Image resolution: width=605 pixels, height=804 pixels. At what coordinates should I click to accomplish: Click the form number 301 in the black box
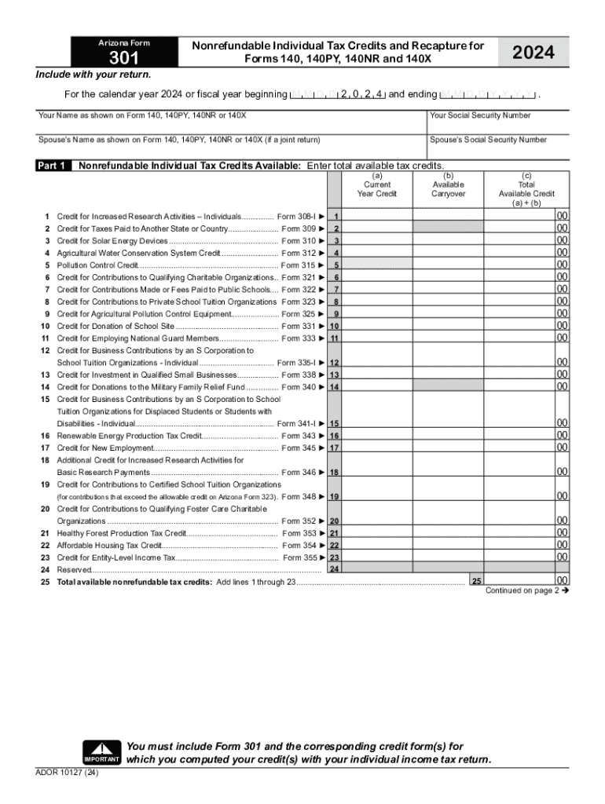pos(123,58)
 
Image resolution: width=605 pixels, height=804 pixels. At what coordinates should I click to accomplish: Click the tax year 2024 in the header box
pos(533,53)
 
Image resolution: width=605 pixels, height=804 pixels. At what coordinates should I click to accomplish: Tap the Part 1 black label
pos(53,166)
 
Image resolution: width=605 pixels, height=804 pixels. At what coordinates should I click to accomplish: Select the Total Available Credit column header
pos(526,189)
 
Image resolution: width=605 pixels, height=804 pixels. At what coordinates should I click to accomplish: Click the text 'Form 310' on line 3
pos(299,241)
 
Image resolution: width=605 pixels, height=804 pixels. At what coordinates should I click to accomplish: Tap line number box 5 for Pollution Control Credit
pos(335,266)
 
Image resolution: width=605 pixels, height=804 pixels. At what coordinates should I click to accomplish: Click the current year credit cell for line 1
pos(377,216)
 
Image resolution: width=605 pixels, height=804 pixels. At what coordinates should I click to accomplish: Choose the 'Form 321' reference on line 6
pos(299,278)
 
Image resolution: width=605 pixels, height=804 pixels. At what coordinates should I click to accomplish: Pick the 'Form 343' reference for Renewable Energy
pos(299,436)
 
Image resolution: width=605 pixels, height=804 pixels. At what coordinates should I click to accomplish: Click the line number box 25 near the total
pos(476,580)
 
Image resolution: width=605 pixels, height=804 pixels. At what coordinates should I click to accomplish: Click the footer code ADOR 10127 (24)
pos(68,773)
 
